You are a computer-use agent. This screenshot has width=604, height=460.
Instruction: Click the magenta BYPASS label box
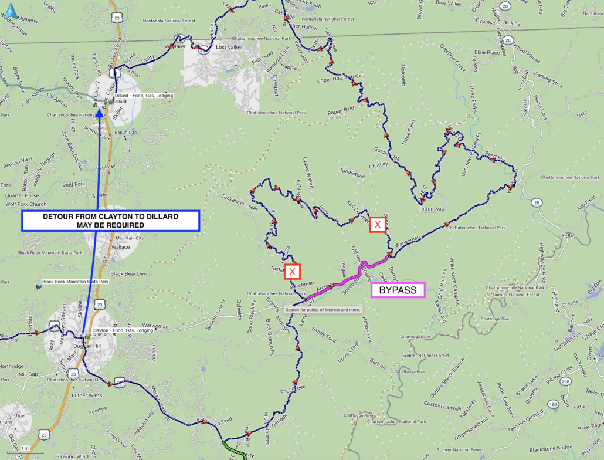(x=398, y=290)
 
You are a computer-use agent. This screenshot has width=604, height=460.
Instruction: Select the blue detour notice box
(x=111, y=221)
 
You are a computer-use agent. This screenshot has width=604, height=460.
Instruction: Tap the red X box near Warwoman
(x=378, y=225)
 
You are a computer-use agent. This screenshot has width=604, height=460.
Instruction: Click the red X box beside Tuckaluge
(x=292, y=271)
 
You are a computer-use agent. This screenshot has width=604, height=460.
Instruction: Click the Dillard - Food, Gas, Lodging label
(x=144, y=95)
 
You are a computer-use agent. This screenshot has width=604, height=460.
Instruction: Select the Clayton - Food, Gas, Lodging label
(x=121, y=330)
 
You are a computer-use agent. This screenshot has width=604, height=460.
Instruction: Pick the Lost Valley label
(x=229, y=47)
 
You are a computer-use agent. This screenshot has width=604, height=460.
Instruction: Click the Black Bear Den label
(x=128, y=273)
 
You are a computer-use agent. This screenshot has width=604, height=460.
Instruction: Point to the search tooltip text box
(x=323, y=309)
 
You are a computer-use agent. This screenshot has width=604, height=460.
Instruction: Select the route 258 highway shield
(x=565, y=382)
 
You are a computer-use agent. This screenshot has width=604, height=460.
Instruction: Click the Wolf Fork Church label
(x=26, y=204)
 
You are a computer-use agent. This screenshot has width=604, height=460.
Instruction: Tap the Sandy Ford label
(x=324, y=332)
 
